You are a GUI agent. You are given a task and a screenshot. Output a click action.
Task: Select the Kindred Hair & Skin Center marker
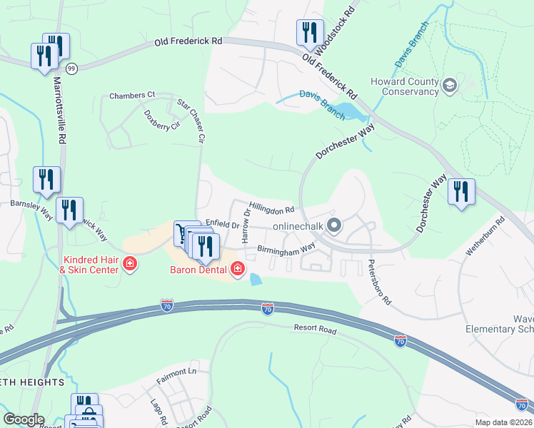click(x=130, y=265)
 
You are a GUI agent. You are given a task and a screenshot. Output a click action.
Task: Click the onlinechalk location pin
click(x=333, y=226)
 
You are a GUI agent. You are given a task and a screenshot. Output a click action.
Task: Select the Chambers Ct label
click(x=132, y=95)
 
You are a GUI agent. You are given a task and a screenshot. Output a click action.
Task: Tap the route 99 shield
click(x=71, y=68)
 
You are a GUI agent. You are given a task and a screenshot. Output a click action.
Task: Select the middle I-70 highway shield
click(x=267, y=310)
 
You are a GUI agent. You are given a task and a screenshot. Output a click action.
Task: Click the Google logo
click(x=24, y=419)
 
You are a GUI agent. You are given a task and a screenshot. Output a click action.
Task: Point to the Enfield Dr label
click(x=222, y=225)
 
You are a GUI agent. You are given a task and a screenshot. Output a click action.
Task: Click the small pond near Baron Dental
click(x=256, y=280)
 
